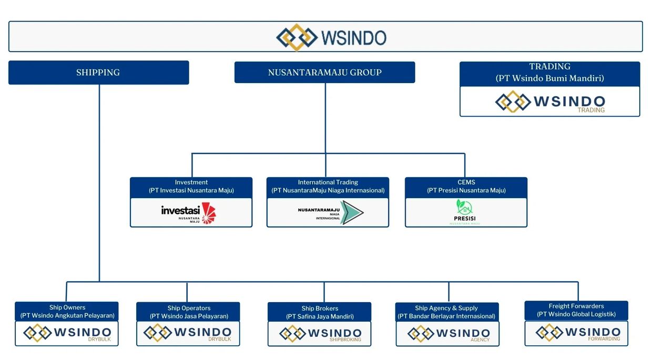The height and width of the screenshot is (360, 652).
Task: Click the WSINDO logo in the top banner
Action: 331,37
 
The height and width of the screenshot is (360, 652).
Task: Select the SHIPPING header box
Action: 98,73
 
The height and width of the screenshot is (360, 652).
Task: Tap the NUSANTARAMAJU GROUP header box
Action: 324,73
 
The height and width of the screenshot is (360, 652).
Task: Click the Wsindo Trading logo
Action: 550,102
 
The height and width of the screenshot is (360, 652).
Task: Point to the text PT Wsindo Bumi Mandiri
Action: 549,78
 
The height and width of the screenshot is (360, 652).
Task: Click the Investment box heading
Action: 191,182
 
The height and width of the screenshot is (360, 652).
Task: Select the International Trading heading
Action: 328,182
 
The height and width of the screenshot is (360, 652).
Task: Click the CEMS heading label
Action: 466,182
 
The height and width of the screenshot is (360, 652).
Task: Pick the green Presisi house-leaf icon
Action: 464,207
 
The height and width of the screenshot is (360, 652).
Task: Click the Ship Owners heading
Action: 67,307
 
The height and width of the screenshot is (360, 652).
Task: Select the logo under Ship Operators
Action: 188,333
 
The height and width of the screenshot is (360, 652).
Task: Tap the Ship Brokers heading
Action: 320,308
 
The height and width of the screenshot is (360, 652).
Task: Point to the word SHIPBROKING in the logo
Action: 345,340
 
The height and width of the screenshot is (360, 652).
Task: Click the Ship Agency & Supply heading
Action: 446,308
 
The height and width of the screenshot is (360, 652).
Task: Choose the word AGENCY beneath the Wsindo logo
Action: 480,340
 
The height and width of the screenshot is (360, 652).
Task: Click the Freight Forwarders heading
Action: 576,306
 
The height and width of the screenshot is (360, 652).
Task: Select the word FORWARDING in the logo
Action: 605,339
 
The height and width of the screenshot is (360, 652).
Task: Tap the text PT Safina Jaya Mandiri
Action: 320,316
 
